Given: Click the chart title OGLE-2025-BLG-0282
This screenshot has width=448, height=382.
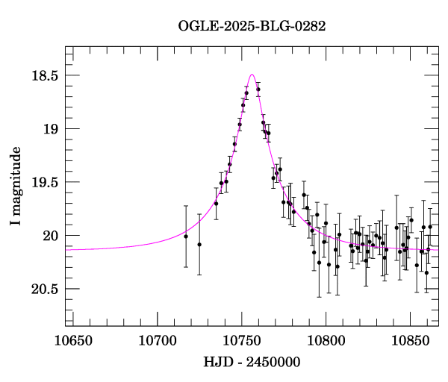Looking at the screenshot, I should coord(252,26).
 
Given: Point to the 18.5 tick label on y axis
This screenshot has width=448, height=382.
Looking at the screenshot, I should coord(43,75).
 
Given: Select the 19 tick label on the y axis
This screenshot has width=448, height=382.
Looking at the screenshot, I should coord(49,129).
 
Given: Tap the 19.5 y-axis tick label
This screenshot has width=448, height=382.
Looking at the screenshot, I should coord(43,182).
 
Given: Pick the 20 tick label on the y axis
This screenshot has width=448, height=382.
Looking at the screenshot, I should coord(49,236).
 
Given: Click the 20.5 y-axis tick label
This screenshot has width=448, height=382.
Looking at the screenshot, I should coord(43,289).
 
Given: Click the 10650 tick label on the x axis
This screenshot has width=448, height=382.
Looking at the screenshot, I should coord(73,342).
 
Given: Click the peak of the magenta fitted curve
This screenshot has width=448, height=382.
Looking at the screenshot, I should coord(252,75).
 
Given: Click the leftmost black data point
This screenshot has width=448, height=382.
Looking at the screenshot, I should coord(186,237).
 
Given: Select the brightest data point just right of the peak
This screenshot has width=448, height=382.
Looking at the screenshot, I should coord(258,90).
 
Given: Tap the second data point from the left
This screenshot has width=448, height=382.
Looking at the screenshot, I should coord(199,244).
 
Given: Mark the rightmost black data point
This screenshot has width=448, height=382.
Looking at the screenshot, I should coord(430,227).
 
